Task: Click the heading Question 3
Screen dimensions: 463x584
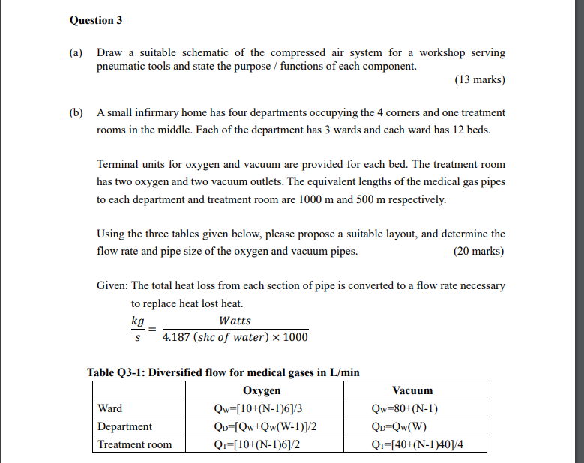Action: point(96,20)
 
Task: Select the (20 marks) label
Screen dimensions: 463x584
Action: point(479,251)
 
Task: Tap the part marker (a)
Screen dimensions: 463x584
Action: point(76,52)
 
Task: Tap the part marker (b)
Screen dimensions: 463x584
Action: point(76,112)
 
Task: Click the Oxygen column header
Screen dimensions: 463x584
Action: point(262,390)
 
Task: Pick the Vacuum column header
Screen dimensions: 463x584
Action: point(412,390)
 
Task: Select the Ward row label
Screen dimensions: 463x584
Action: point(110,408)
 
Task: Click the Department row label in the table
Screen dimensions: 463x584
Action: point(124,426)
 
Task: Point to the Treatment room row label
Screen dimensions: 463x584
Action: point(135,444)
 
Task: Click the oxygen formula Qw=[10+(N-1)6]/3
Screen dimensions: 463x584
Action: point(262,408)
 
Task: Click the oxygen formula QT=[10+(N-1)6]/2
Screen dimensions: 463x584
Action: point(262,444)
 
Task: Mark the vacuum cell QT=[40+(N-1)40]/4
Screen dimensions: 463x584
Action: point(412,444)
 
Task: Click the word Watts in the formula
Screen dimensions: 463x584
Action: point(235,321)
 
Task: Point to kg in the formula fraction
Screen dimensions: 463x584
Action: point(137,321)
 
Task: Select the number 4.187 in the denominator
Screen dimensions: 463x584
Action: point(177,337)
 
